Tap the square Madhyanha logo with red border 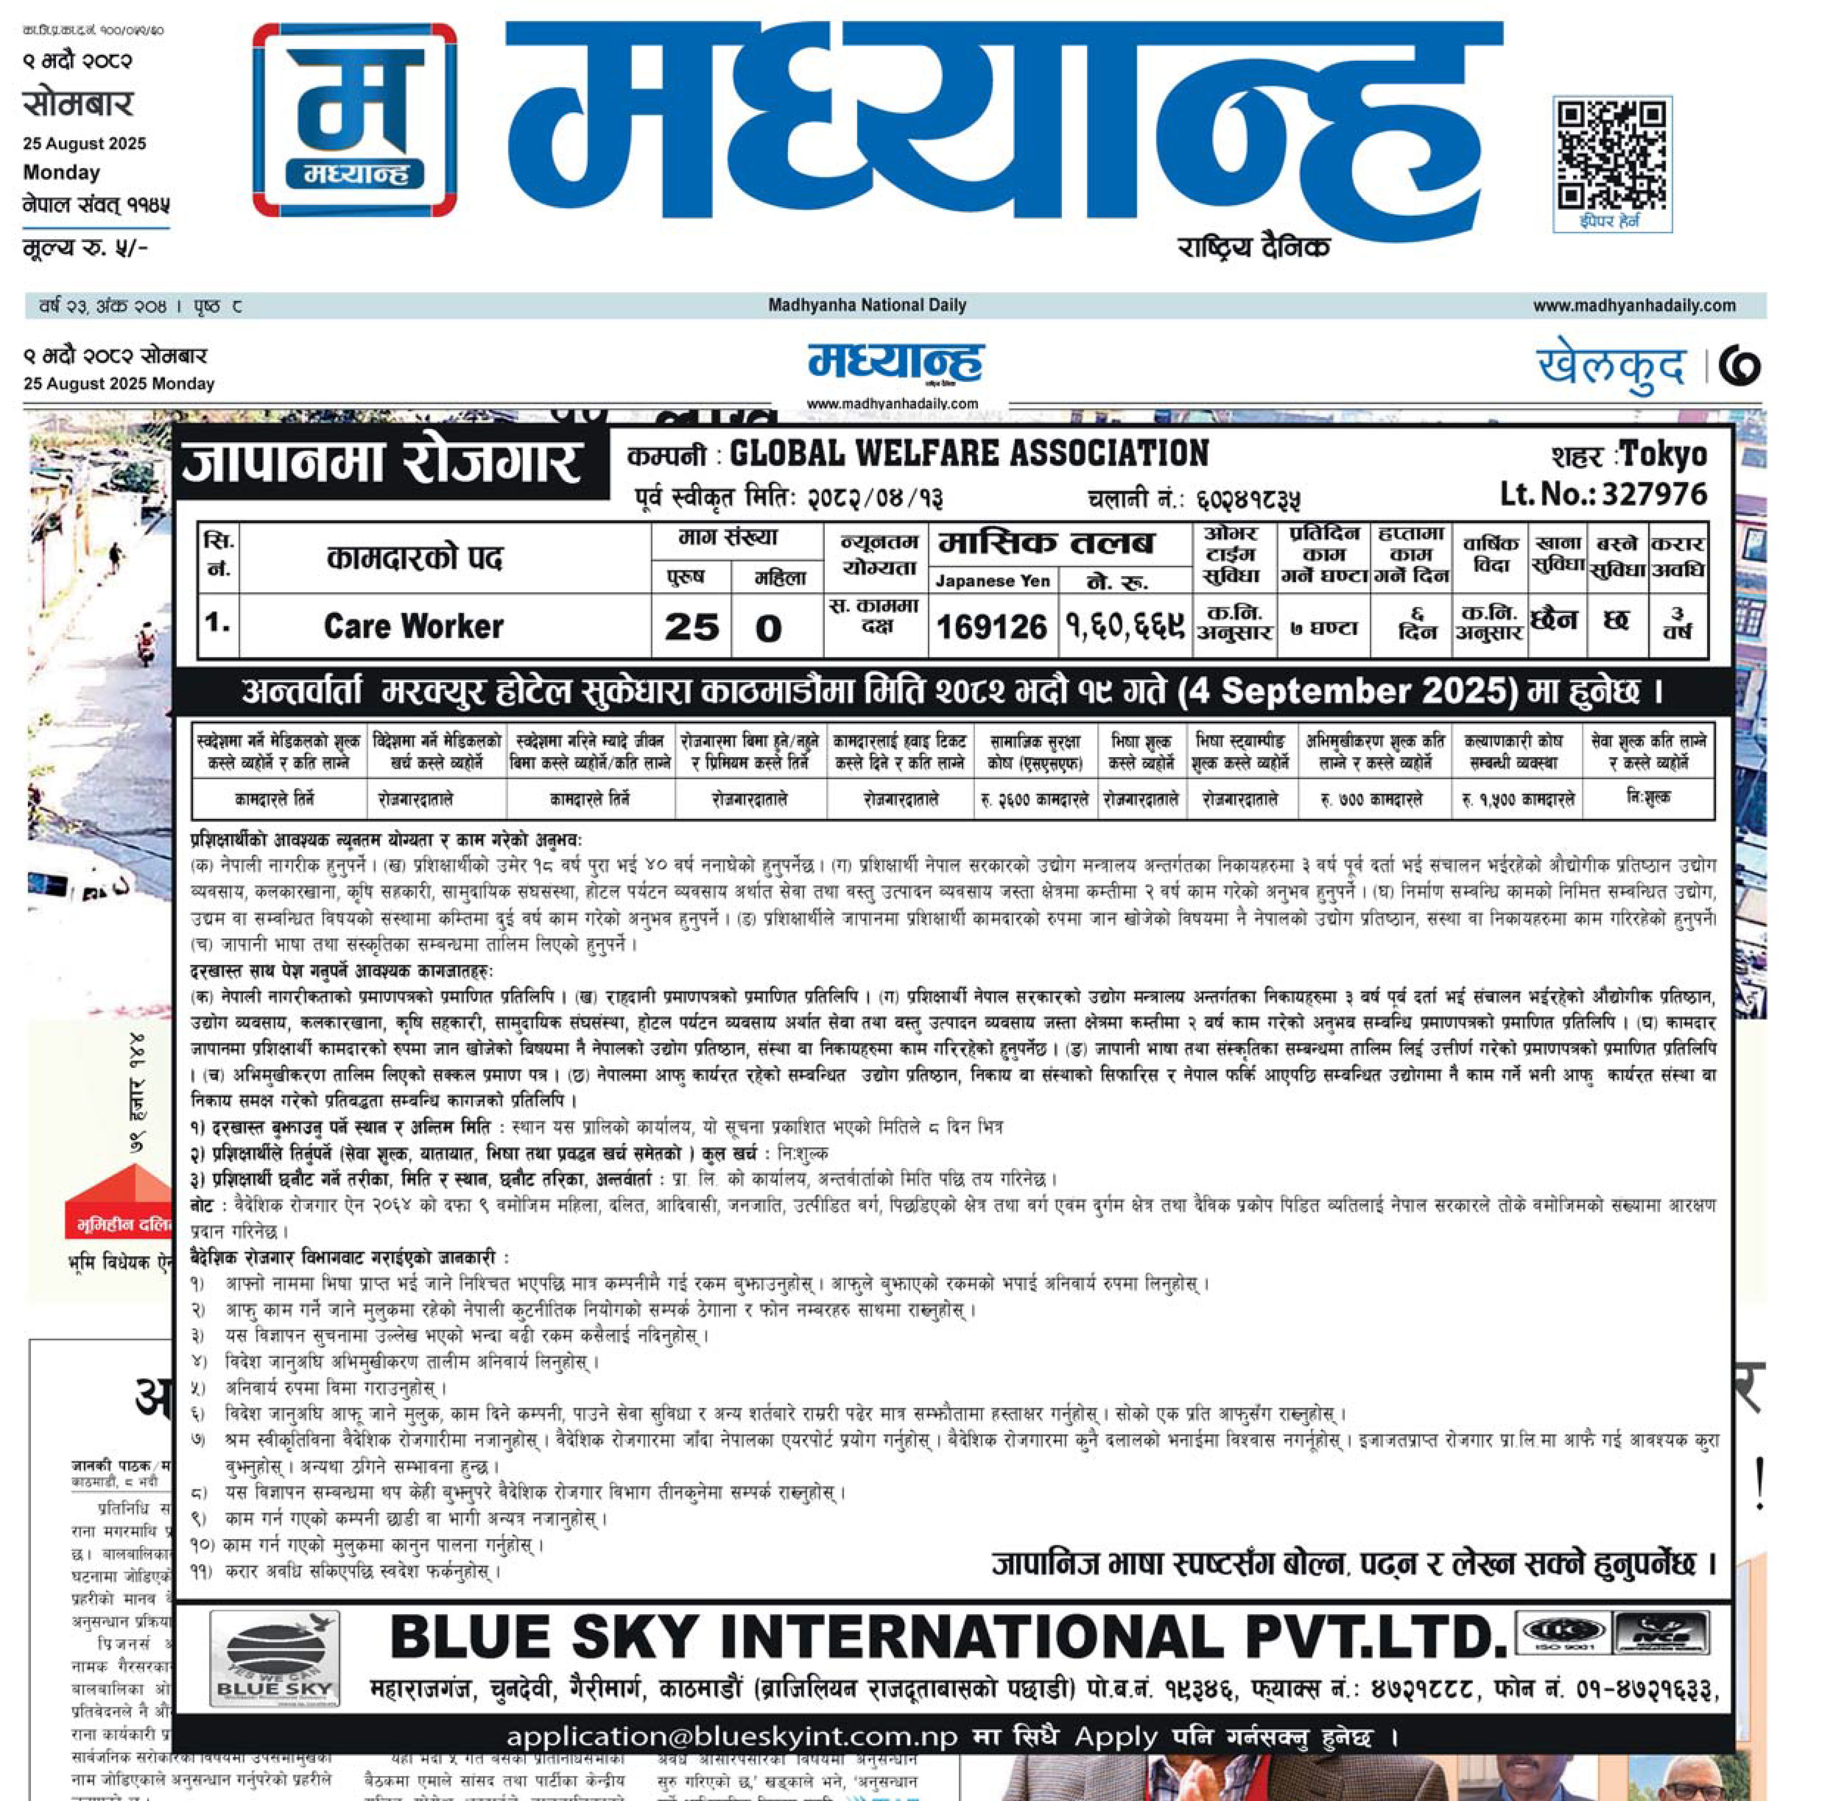pos(354,120)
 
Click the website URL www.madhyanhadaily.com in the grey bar pos(1634,305)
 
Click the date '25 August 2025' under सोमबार pos(85,143)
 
